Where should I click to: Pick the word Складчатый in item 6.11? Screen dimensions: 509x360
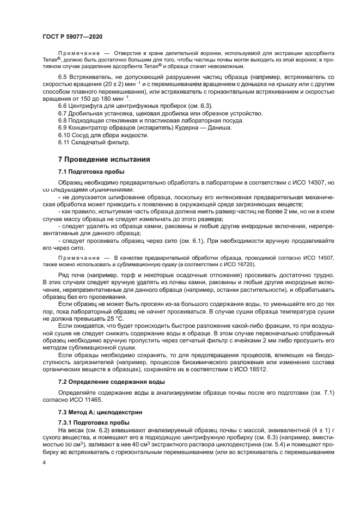click(x=90, y=143)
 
